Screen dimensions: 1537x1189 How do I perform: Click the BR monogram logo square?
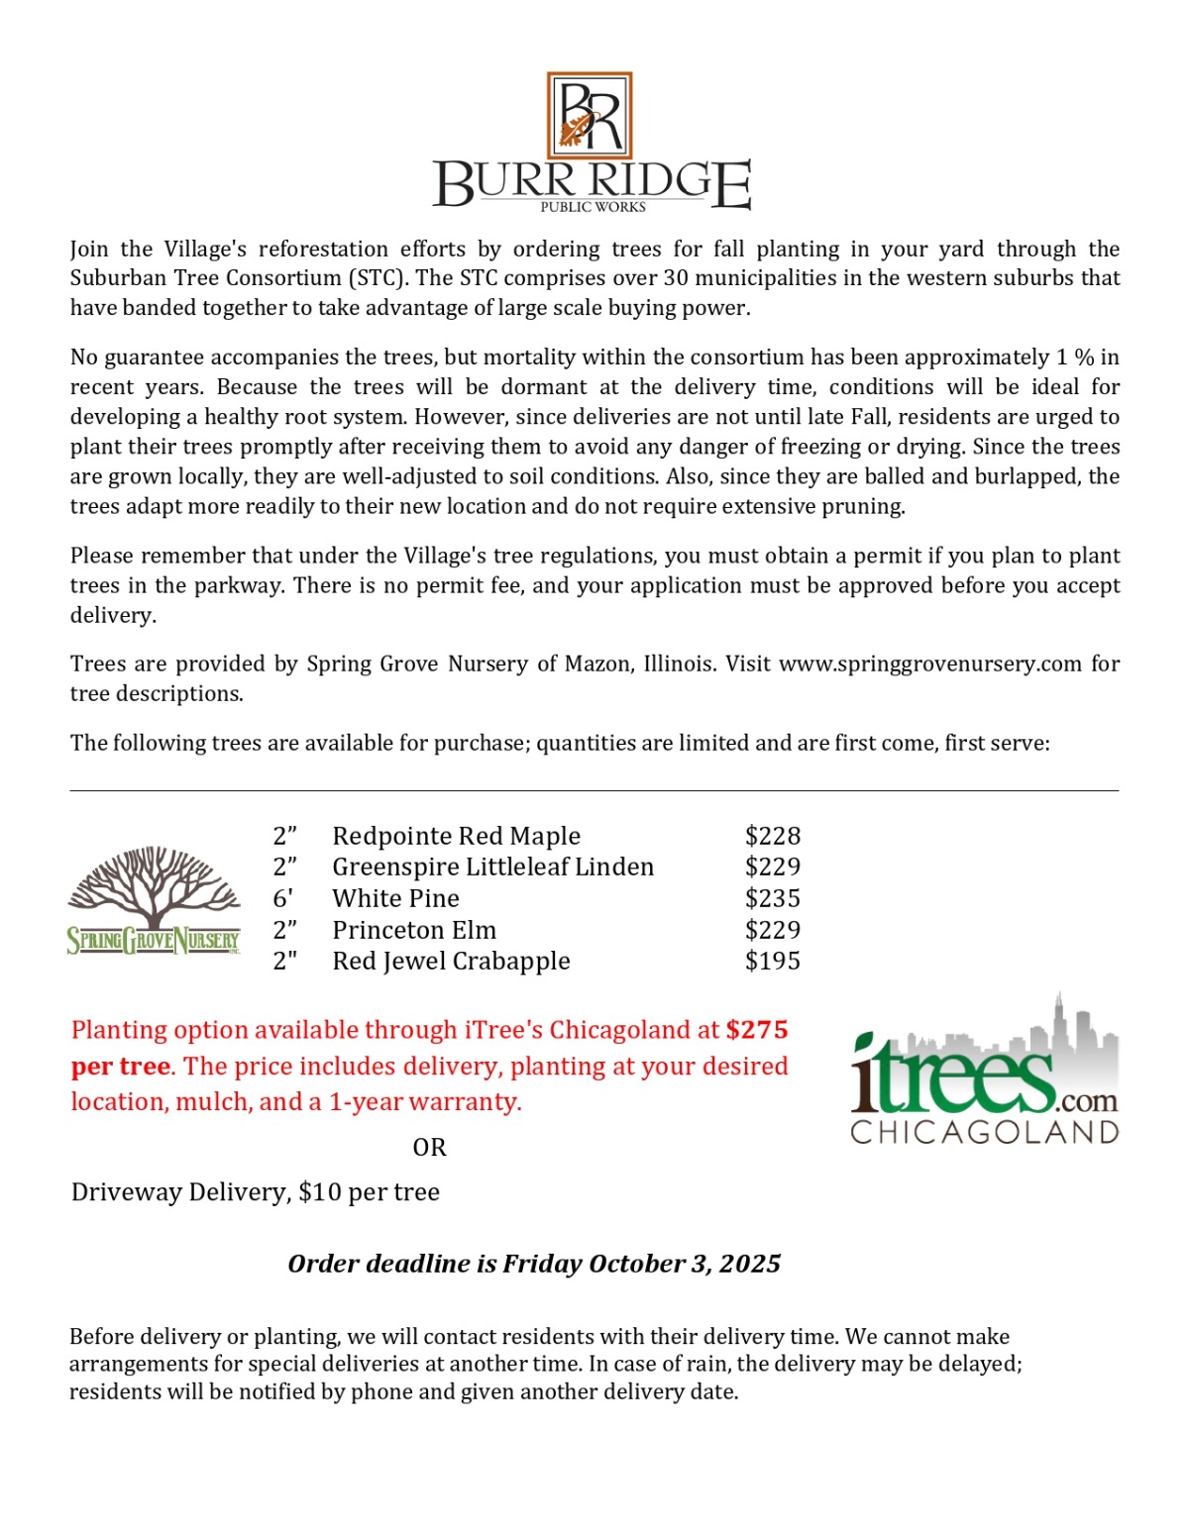click(x=590, y=115)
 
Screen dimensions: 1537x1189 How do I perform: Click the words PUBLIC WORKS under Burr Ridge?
click(x=593, y=207)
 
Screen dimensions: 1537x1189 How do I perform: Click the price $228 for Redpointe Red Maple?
click(x=772, y=836)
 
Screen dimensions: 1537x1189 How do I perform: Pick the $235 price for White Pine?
click(x=772, y=898)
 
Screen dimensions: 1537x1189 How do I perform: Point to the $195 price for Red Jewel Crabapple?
click(x=772, y=961)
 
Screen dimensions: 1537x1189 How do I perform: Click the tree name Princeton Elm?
click(x=414, y=930)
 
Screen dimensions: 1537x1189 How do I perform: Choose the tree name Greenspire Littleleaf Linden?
click(x=492, y=867)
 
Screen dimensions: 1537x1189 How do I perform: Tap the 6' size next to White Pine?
click(x=283, y=898)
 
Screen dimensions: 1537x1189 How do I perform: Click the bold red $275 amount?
click(x=757, y=1030)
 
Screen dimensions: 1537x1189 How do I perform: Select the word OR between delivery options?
click(x=429, y=1147)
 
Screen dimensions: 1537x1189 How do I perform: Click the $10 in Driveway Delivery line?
click(x=319, y=1191)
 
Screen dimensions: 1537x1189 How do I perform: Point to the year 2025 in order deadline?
click(x=750, y=1264)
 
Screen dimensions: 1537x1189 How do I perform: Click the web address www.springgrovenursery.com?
click(x=929, y=664)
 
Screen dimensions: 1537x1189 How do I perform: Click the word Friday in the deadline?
click(x=543, y=1264)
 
